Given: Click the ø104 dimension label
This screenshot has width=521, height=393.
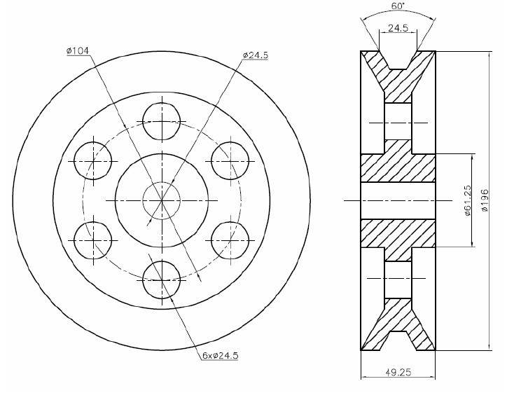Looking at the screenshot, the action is tap(78, 50).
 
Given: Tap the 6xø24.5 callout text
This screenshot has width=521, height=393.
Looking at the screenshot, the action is tap(221, 355).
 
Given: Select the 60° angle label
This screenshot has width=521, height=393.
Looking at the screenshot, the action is tap(398, 6).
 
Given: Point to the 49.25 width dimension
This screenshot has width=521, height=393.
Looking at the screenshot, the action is tap(398, 372).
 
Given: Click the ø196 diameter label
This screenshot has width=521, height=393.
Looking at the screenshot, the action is tap(485, 200).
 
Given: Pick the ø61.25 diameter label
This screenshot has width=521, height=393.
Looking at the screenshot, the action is tap(468, 200).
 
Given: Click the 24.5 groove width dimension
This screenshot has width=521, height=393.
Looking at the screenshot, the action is tap(398, 27).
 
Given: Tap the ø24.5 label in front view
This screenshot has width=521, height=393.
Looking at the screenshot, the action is tap(255, 55).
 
